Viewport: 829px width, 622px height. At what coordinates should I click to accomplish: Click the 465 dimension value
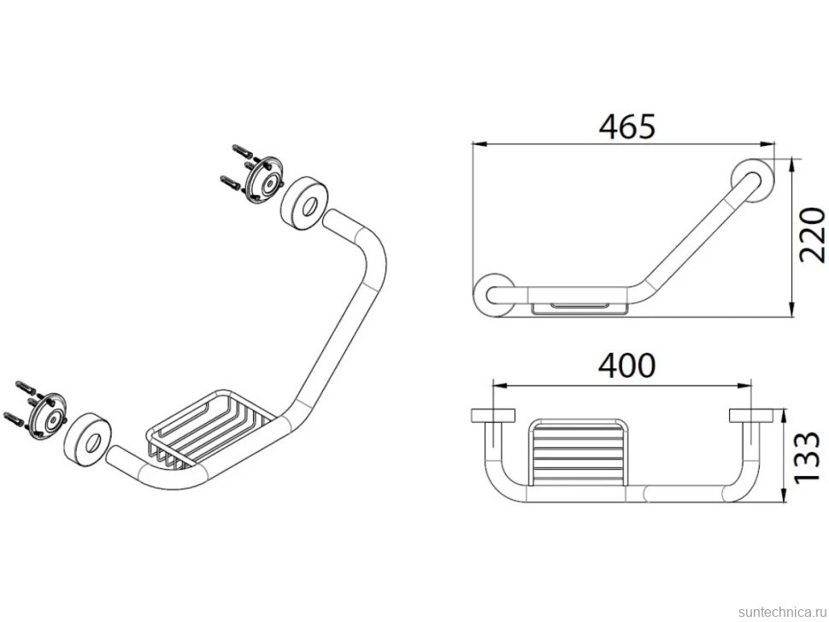click(x=627, y=126)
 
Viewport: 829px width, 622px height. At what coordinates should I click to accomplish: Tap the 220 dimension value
click(x=812, y=235)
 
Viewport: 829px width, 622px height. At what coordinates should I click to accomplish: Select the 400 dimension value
click(x=627, y=365)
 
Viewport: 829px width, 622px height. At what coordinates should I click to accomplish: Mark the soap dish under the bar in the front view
click(x=579, y=308)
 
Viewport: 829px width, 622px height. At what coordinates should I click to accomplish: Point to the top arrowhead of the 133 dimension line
click(x=785, y=416)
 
